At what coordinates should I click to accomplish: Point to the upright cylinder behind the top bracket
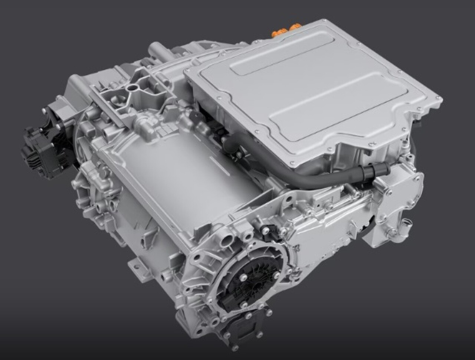(156, 50)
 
